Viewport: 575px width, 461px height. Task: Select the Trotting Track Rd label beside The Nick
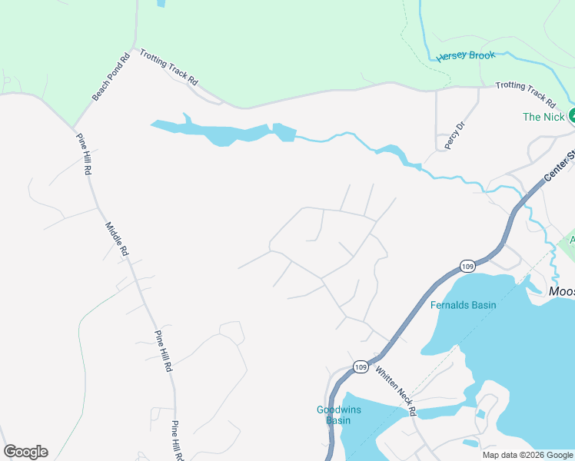[526, 95]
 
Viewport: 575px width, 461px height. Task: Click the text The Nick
[543, 117]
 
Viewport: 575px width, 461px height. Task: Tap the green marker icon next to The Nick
[572, 116]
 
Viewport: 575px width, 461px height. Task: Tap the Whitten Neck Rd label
[396, 390]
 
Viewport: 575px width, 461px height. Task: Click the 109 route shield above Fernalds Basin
[468, 266]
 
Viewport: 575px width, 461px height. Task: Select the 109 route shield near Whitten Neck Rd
[361, 367]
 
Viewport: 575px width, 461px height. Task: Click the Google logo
[25, 452]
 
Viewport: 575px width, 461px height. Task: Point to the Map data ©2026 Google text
[527, 455]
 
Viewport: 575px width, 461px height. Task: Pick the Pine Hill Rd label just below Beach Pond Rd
[83, 154]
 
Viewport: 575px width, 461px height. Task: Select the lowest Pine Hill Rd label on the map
[177, 439]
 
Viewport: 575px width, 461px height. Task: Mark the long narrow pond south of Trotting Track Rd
[223, 131]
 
